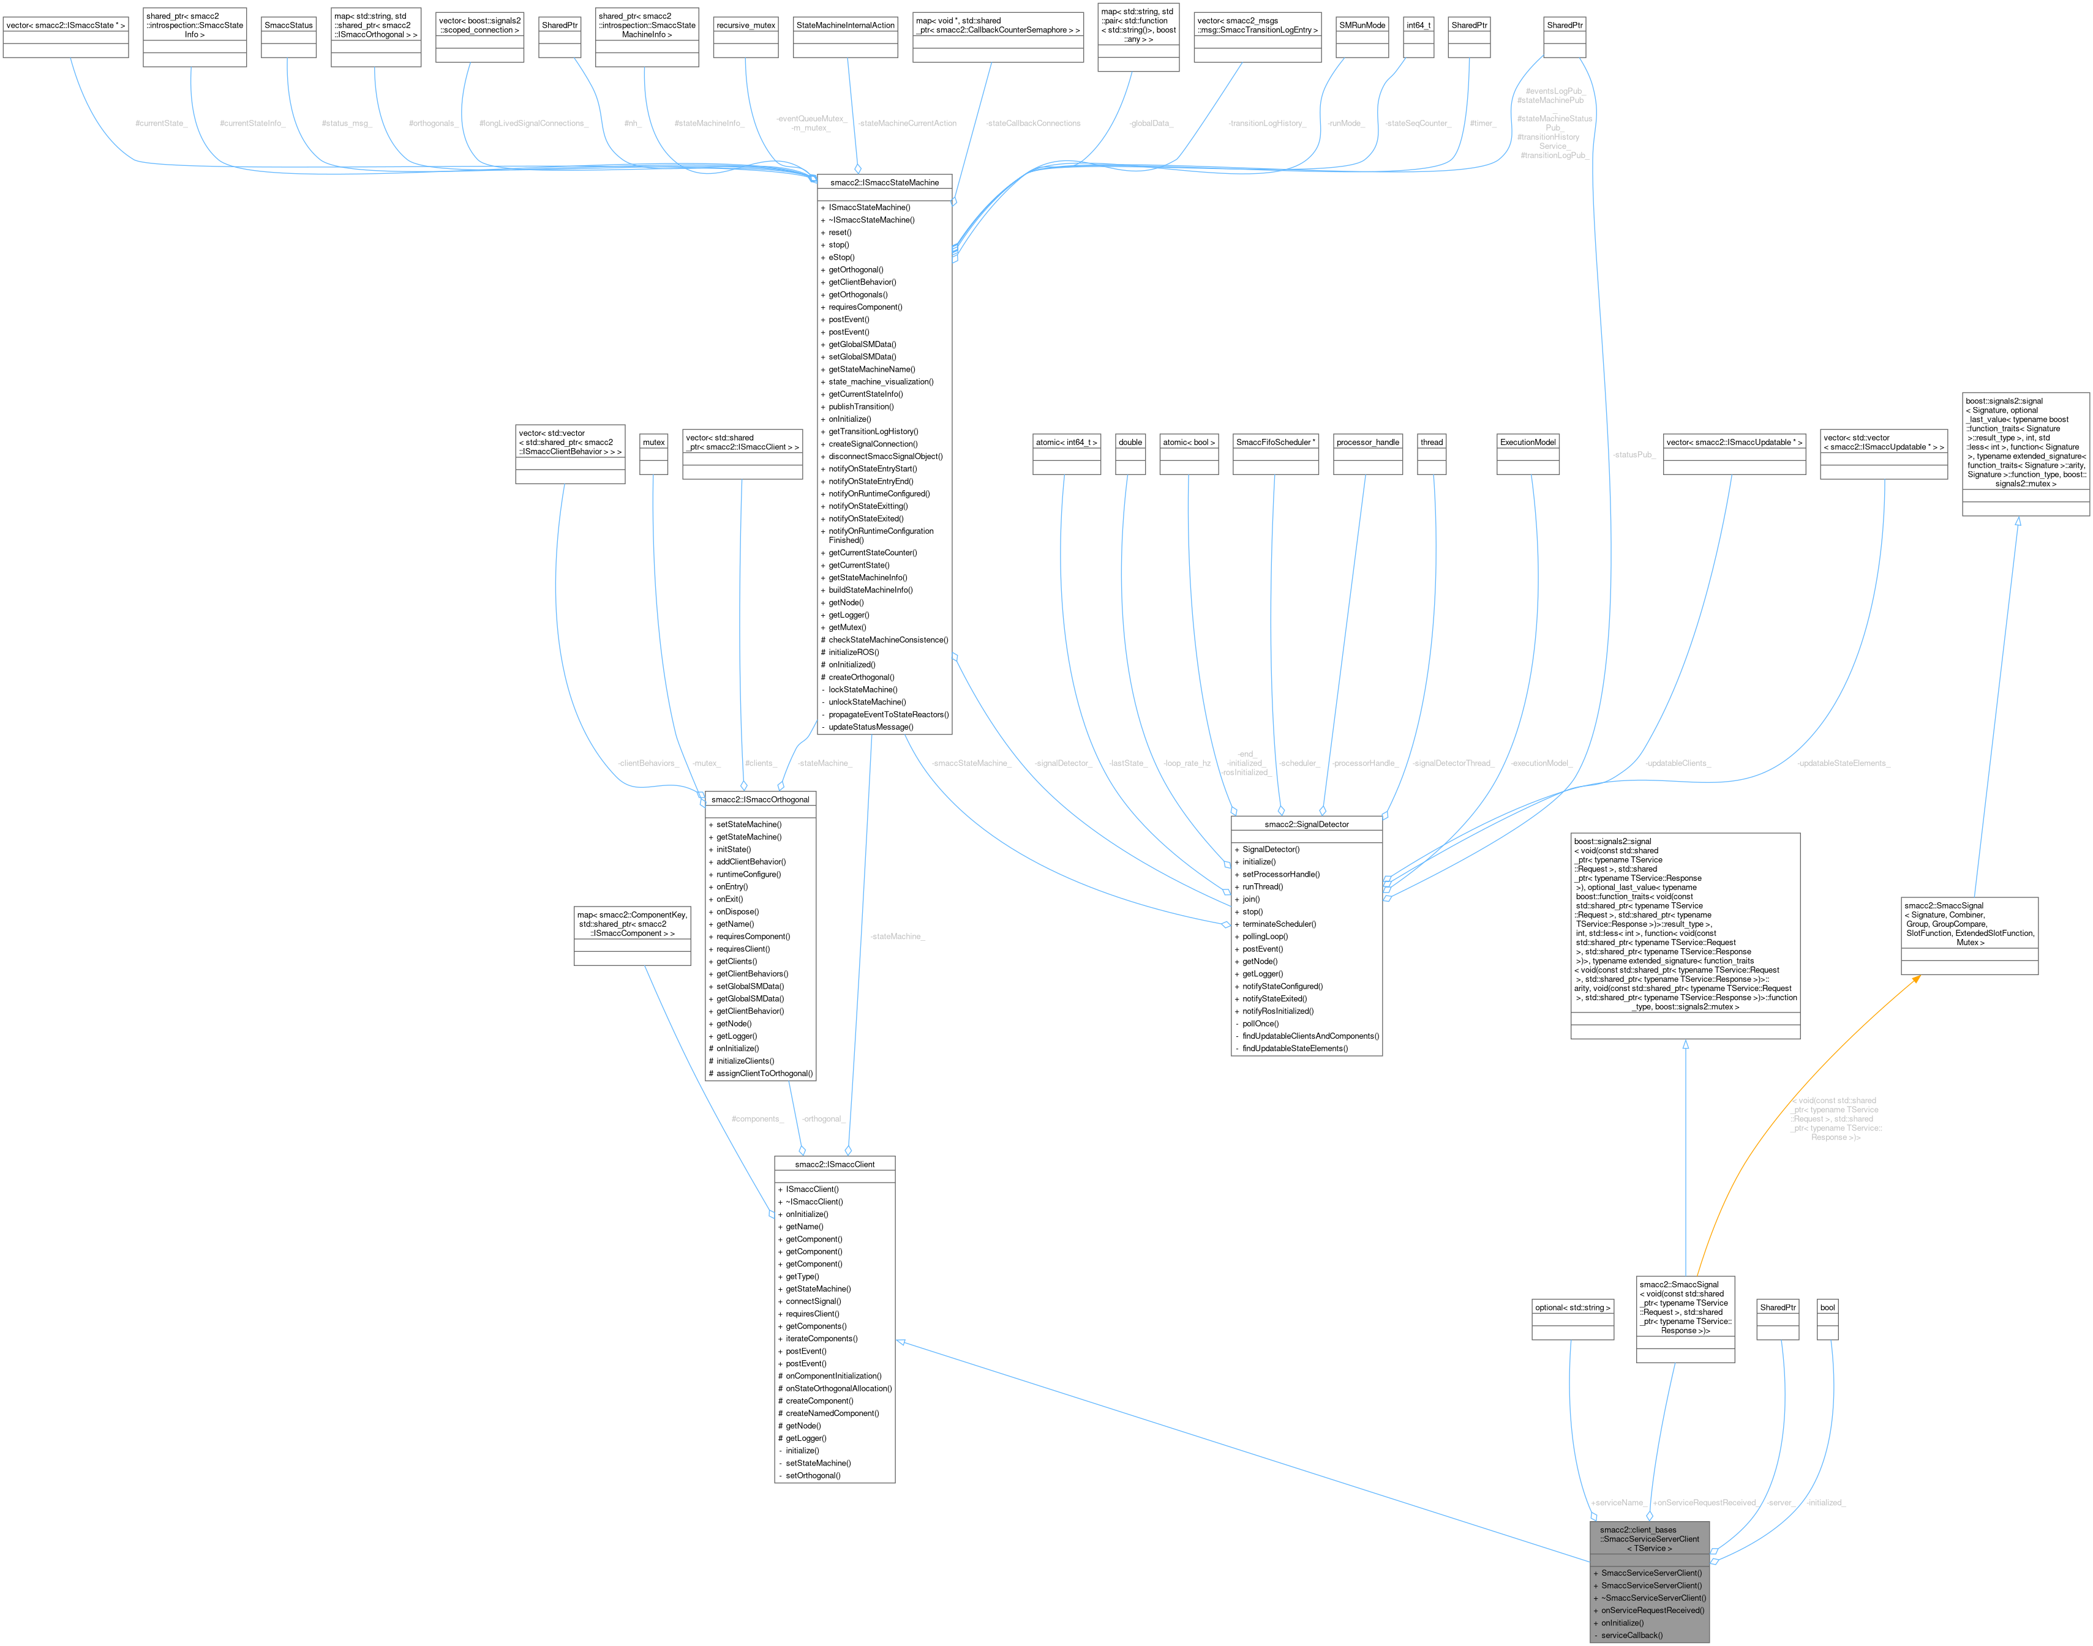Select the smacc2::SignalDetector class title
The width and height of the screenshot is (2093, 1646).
[1306, 824]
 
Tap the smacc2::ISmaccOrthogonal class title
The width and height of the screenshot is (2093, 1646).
[760, 799]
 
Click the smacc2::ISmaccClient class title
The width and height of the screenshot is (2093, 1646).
[834, 1164]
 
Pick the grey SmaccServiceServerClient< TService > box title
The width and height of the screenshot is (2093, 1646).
[1650, 1539]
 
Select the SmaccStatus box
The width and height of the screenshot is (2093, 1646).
[288, 25]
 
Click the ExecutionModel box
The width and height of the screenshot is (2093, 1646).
[1528, 443]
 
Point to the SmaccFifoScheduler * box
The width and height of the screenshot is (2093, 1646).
[1276, 443]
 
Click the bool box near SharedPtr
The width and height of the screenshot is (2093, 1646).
[1827, 1307]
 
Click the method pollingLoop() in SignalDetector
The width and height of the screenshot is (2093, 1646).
[1265, 936]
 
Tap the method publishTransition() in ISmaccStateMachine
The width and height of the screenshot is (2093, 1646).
[861, 406]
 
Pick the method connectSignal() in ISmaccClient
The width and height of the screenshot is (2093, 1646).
[813, 1301]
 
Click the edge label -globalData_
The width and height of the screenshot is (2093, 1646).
[1151, 124]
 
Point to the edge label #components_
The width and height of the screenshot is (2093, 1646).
[757, 1119]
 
